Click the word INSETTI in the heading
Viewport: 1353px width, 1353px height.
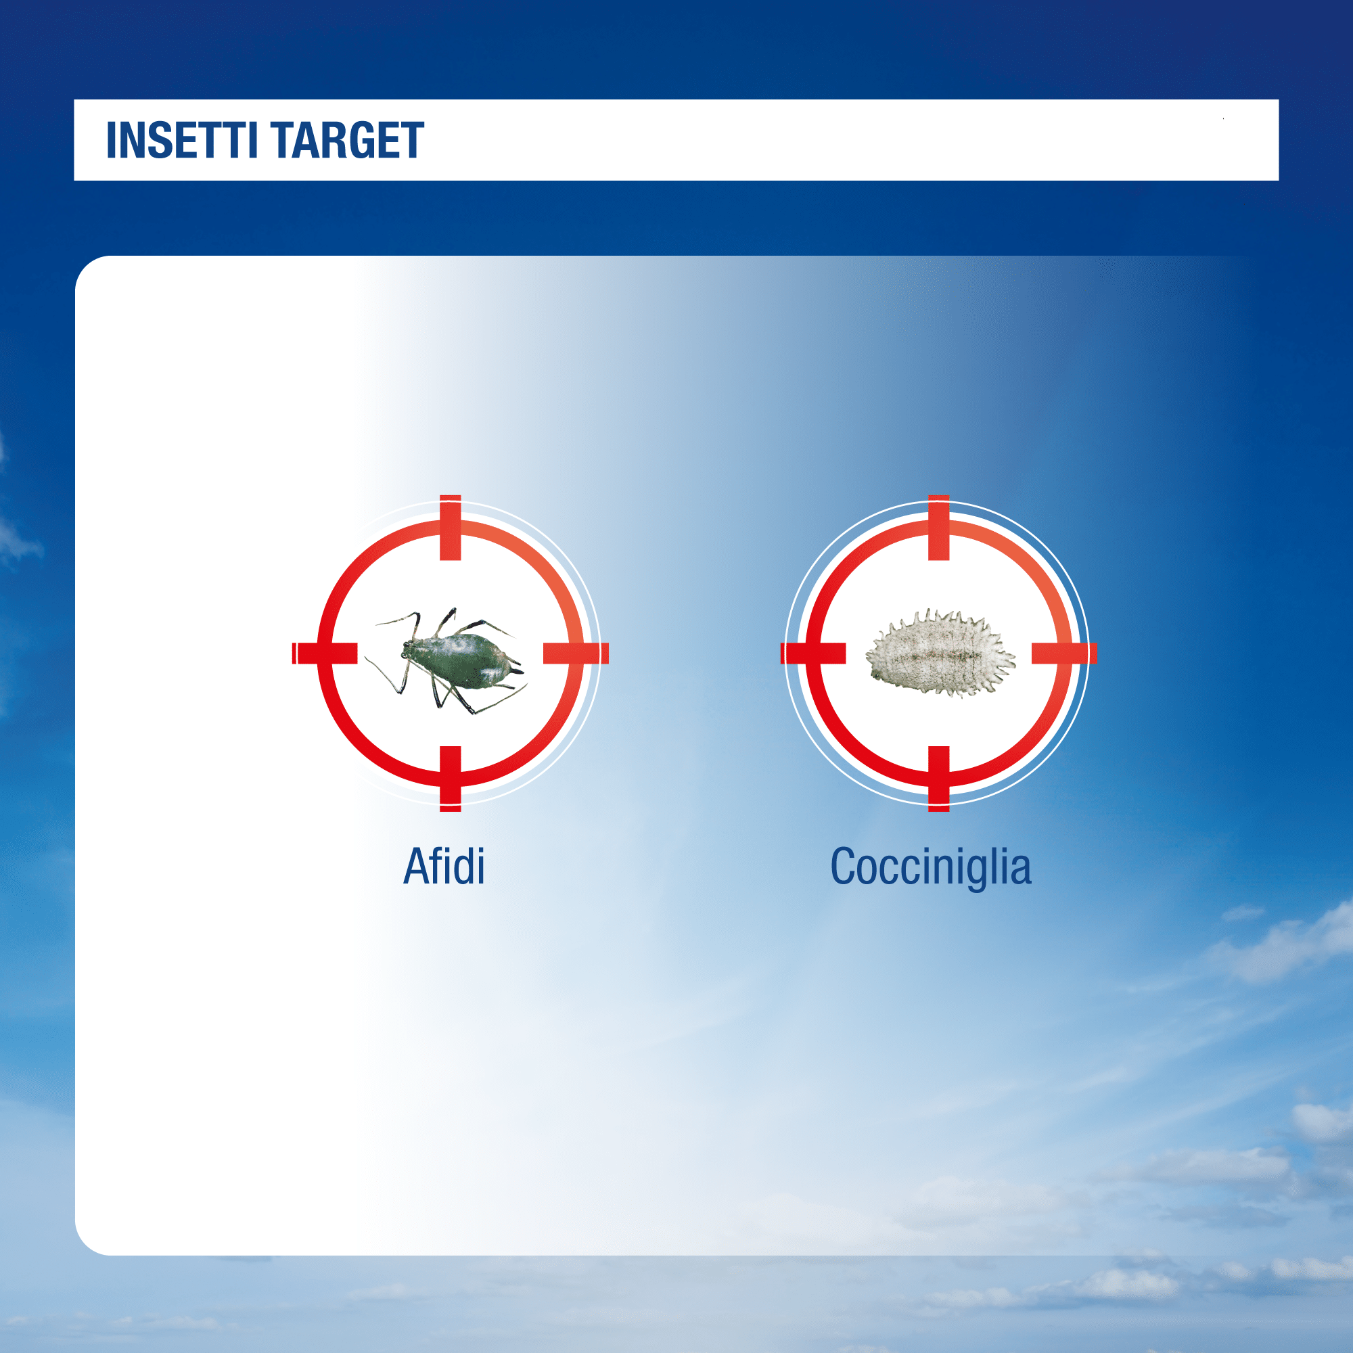click(183, 140)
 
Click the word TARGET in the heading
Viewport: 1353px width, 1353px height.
click(347, 140)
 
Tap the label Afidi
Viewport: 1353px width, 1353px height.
click(444, 867)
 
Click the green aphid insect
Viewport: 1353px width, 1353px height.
click(449, 660)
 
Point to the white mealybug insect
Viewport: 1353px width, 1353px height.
click(940, 652)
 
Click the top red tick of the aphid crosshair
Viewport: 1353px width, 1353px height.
click(451, 528)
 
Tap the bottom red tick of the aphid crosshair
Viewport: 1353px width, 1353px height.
click(451, 779)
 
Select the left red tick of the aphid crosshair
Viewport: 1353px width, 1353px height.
click(325, 653)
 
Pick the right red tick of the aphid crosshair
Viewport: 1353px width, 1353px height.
click(576, 653)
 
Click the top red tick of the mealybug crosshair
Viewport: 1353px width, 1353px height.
click(938, 528)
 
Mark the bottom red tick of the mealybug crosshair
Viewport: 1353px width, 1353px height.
click(938, 779)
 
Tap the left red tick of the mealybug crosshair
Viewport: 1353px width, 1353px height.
click(813, 653)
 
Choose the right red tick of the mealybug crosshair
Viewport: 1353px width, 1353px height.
click(1063, 653)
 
